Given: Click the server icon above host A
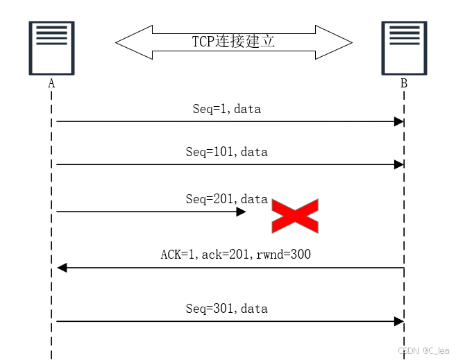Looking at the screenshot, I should (51, 48).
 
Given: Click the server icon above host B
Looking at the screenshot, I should (403, 48).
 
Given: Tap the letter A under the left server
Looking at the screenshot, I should (51, 83).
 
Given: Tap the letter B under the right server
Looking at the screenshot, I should (403, 83).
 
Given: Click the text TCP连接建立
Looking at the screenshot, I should (234, 42).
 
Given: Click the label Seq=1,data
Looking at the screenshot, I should (226, 109).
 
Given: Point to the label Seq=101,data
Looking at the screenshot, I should (226, 152).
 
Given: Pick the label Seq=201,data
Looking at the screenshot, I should (226, 199).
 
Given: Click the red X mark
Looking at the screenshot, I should (294, 216).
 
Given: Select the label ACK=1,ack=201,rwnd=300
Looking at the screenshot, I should (235, 255).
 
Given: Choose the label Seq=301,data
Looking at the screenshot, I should (226, 309).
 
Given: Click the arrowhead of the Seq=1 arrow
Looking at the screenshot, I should (399, 122).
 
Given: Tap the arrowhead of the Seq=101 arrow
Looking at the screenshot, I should (399, 165).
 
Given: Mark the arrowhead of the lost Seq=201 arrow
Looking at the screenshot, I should (242, 212).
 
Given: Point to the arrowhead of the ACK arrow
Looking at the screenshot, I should (62, 268).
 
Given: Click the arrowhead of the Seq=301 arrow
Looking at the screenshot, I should (399, 321).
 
